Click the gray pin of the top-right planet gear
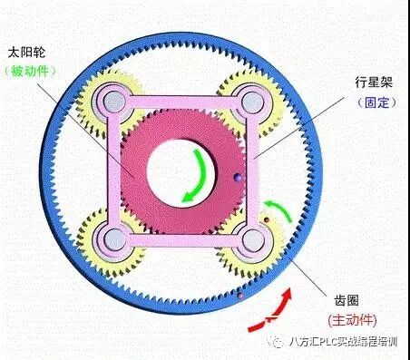(251, 100)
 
